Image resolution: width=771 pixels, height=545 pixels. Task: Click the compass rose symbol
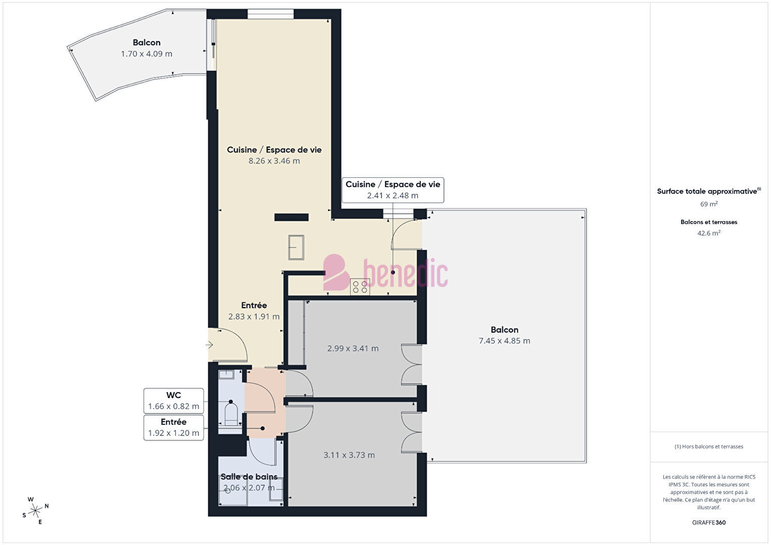click(x=35, y=511)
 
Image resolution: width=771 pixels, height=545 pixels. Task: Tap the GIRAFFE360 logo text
click(x=709, y=522)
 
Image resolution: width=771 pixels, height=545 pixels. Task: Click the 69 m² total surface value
click(x=709, y=204)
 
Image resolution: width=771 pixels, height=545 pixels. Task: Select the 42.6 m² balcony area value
click(x=709, y=233)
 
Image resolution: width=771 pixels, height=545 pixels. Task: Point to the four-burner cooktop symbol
click(x=360, y=287)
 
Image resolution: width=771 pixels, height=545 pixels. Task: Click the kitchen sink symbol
click(x=296, y=247)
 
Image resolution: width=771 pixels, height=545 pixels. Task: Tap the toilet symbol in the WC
click(x=231, y=414)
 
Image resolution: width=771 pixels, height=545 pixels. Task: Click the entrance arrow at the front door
click(x=209, y=344)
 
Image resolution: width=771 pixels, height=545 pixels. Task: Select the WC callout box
click(x=173, y=401)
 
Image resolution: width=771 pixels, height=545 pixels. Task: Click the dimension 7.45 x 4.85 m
click(x=504, y=340)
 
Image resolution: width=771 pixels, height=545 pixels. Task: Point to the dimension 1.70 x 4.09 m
click(x=147, y=54)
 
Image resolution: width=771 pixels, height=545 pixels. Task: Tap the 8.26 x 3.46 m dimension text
click(x=274, y=161)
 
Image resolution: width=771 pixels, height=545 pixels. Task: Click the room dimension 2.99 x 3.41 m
click(x=353, y=348)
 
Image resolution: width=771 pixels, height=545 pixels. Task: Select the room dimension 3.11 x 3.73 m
click(x=349, y=455)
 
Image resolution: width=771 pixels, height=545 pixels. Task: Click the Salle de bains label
click(x=249, y=476)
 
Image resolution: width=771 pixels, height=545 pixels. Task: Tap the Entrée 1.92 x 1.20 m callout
click(x=173, y=428)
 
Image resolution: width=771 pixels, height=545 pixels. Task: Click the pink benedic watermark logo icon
click(x=336, y=272)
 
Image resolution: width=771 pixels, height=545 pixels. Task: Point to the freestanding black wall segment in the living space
click(x=291, y=217)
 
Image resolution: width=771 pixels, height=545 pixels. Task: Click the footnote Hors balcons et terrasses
click(x=709, y=447)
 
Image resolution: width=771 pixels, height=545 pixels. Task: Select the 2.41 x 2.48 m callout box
click(x=393, y=190)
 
